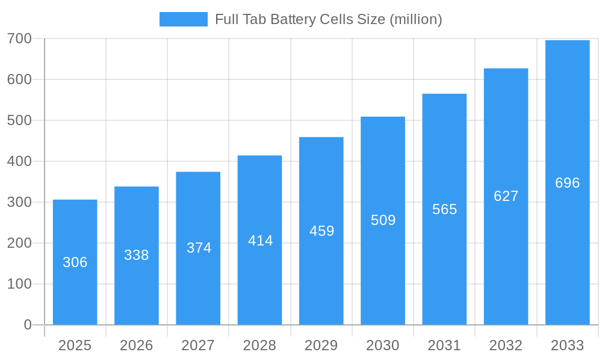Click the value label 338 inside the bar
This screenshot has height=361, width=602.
(x=137, y=255)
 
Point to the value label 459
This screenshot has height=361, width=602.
(x=321, y=231)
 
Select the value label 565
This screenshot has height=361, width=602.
(x=445, y=209)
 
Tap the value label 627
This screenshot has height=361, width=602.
(x=506, y=196)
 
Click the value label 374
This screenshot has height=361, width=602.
(x=199, y=248)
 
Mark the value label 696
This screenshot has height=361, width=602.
(x=568, y=183)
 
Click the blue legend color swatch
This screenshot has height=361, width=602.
(x=183, y=19)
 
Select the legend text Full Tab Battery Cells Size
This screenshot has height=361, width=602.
(x=328, y=19)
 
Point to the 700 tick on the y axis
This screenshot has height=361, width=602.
(x=19, y=39)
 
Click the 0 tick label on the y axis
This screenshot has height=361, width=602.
(x=28, y=325)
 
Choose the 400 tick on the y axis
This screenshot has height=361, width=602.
(x=19, y=161)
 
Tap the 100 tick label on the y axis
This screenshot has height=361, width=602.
(x=19, y=284)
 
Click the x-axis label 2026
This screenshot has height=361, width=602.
(x=137, y=345)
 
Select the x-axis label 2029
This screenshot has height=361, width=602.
(x=321, y=345)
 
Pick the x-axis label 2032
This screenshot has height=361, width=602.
(x=506, y=345)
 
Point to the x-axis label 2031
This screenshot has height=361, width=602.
(x=444, y=345)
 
